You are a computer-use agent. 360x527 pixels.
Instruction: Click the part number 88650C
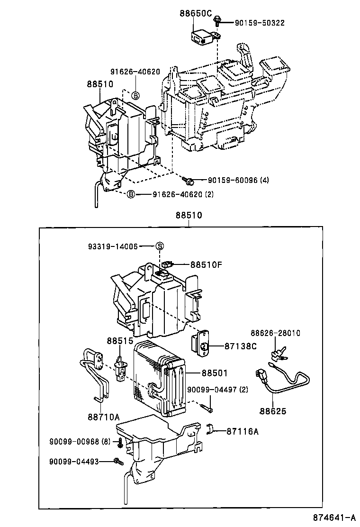point(195,13)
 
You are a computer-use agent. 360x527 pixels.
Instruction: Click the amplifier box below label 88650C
point(201,36)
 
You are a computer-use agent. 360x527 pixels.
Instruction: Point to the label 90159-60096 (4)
point(238,180)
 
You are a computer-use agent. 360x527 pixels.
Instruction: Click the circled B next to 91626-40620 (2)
point(131,194)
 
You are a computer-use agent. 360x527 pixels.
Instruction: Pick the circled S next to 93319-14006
point(160,246)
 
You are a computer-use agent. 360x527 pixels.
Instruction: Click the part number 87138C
point(241,346)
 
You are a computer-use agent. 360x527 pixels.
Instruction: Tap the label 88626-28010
point(275,333)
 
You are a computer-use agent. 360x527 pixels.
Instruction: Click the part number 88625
point(273,411)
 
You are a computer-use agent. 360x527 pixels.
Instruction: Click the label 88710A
point(103,417)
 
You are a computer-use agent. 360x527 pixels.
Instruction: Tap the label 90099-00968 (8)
point(80,441)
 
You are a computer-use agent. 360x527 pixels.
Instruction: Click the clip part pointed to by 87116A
point(211,430)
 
